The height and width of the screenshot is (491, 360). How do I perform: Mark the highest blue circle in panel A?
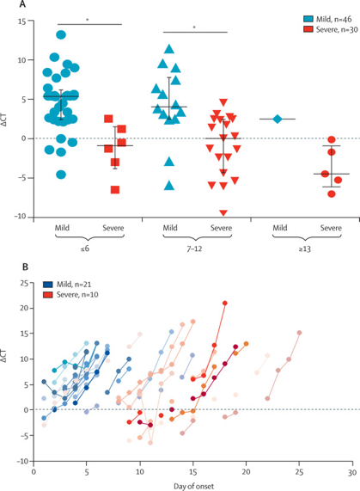tap(61, 35)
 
